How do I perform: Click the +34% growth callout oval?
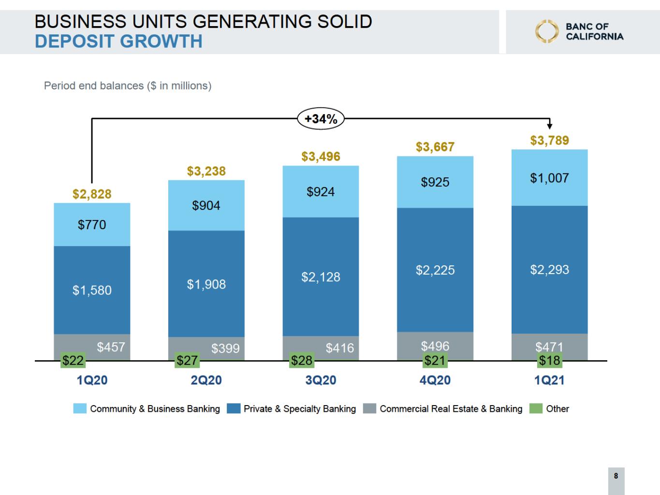(321, 119)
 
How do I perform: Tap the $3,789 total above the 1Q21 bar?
(549, 141)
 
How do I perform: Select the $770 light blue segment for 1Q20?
(92, 225)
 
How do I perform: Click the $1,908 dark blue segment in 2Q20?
(206, 284)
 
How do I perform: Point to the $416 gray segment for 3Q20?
(321, 348)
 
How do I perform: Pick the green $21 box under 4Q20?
(435, 361)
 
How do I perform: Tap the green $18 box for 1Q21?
(549, 361)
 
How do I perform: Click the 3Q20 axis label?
(321, 380)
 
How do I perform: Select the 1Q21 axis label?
(549, 380)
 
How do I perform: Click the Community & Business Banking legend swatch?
(80, 409)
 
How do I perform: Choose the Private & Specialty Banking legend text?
(299, 409)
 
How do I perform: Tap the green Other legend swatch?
(536, 409)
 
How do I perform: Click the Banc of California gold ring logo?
(546, 31)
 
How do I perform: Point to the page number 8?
(616, 476)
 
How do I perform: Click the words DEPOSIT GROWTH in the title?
(118, 42)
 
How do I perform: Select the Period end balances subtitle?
(128, 86)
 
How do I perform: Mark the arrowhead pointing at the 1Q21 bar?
(550, 126)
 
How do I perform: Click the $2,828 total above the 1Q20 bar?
(92, 194)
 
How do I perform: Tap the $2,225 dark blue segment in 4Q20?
(435, 270)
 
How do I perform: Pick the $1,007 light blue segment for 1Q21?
(549, 178)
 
